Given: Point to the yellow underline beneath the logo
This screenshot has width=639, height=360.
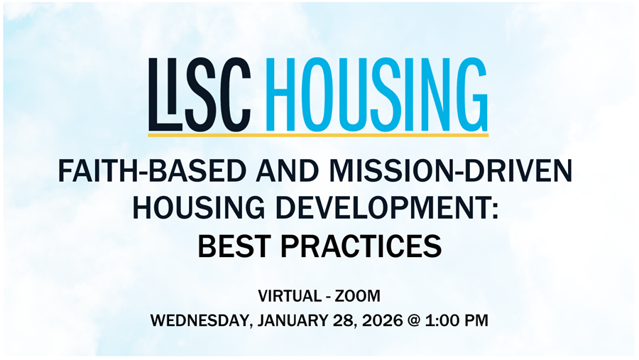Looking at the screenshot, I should coord(318,133).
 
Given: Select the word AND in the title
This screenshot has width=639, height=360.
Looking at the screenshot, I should coord(252,173).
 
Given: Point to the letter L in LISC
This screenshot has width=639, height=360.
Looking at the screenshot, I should coord(157,92).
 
